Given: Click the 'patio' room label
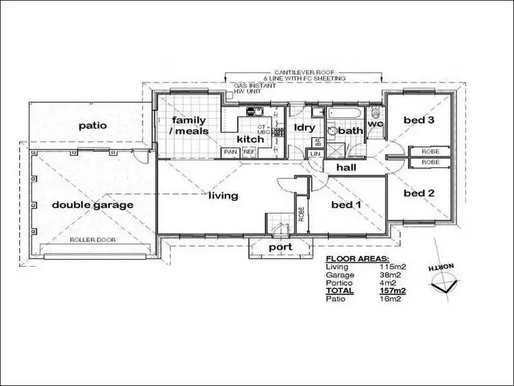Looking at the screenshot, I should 93,125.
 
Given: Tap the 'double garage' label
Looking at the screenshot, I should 93,204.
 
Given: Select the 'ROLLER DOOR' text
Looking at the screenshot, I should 93,240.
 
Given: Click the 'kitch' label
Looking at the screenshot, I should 250,138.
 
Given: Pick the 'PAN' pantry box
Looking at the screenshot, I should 230,152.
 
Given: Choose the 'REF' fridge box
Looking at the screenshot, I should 249,152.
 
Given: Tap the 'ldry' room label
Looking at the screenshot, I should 304,128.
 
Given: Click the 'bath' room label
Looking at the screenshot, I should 350,130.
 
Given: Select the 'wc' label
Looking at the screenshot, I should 375,124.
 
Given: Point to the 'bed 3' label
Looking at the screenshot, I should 419,120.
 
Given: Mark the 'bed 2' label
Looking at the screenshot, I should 419,193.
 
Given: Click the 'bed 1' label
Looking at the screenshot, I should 347,204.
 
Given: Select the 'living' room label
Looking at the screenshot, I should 223,195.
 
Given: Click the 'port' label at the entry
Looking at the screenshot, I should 280,247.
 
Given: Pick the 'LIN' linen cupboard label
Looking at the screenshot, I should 315,154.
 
